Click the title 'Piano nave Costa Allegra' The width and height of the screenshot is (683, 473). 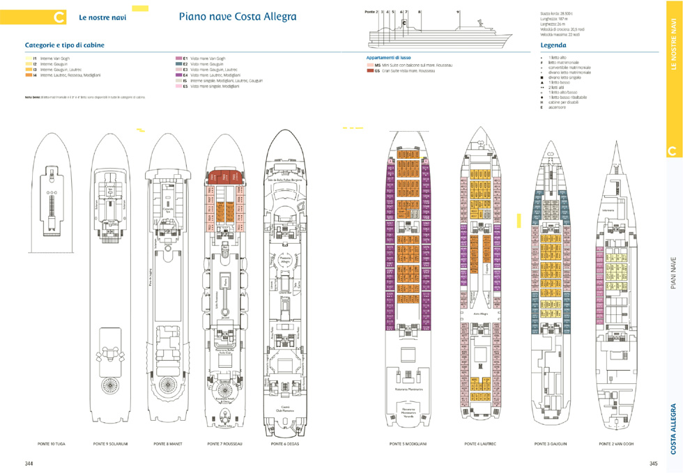click(x=237, y=17)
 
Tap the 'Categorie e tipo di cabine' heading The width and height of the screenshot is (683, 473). click(x=65, y=45)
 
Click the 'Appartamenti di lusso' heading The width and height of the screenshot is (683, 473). click(x=389, y=57)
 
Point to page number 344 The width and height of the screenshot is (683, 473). click(x=29, y=463)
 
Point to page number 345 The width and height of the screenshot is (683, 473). click(x=654, y=463)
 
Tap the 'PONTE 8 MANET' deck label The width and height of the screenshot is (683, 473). click(x=167, y=443)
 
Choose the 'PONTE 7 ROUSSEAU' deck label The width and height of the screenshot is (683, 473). click(x=224, y=443)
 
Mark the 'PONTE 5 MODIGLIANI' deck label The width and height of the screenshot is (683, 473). click(x=408, y=443)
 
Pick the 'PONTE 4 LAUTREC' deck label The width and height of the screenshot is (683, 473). click(x=480, y=443)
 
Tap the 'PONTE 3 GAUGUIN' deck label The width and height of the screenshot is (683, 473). click(x=551, y=443)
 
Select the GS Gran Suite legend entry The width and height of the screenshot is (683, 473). click(x=404, y=70)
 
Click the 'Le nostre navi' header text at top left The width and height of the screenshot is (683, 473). click(x=102, y=17)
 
